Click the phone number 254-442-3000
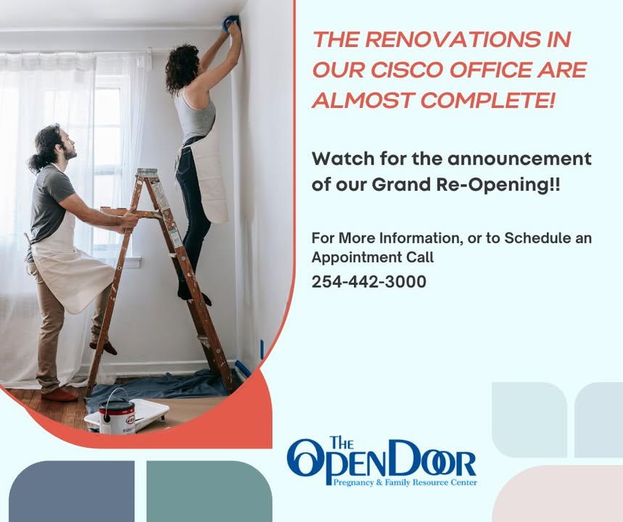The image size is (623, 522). pos(368,281)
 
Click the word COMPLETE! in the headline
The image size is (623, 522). pos(487,100)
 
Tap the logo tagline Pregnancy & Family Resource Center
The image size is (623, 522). pos(405,483)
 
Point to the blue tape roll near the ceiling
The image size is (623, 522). pos(230,23)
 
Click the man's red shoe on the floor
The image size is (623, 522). pos(59,394)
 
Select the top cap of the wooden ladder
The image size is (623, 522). pos(147,173)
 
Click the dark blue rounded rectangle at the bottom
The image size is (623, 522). pos(72,492)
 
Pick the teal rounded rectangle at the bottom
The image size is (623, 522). pos(210,492)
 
